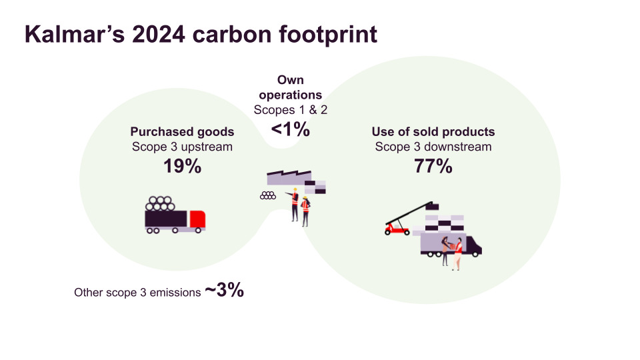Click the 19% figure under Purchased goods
[182, 166]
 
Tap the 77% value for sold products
[433, 166]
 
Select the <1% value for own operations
[291, 129]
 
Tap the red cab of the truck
[197, 218]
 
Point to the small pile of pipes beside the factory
[268, 195]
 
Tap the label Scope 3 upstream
[182, 147]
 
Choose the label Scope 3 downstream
[433, 147]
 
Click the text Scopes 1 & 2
[291, 109]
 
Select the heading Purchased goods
[182, 132]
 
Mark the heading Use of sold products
[433, 132]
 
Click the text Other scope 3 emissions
[137, 292]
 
